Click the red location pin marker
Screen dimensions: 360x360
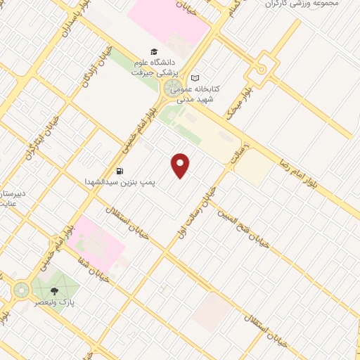click(181, 165)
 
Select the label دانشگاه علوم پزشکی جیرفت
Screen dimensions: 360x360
click(156, 67)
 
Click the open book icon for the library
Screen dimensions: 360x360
click(195, 77)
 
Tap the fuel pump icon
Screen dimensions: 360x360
click(120, 170)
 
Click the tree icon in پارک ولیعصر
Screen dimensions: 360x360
click(55, 291)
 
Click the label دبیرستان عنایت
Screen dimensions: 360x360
click(14, 197)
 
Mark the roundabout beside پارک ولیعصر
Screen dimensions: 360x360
click(21, 288)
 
